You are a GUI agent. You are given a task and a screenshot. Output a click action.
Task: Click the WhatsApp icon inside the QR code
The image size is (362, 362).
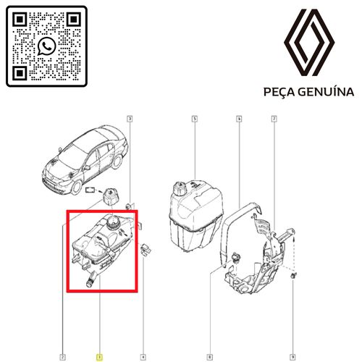click(x=46, y=46)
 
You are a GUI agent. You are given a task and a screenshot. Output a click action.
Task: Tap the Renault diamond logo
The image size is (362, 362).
click(x=309, y=43)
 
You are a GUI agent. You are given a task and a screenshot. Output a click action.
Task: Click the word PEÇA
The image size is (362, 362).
click(x=279, y=92)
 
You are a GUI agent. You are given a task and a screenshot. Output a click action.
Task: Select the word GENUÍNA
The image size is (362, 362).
click(x=326, y=92)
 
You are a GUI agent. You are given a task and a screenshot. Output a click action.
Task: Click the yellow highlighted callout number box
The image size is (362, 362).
click(x=99, y=357)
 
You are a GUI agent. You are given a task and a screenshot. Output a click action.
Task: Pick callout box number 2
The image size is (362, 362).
click(x=62, y=357)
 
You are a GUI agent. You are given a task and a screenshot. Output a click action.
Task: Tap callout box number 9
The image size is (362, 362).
click(x=292, y=357)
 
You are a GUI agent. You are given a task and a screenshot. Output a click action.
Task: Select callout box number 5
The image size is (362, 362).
click(x=195, y=119)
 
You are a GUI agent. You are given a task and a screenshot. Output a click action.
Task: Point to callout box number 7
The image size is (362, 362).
click(x=274, y=119)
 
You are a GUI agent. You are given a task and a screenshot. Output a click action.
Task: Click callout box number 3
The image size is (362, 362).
click(x=130, y=119)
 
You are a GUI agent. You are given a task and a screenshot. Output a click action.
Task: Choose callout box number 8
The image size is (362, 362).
click(x=209, y=357)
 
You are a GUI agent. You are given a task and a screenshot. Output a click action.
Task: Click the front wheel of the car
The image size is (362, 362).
click(x=77, y=188)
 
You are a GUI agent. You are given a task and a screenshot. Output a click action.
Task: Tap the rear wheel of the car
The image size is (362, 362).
click(x=117, y=161)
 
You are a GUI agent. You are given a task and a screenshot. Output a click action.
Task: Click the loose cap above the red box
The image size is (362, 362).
click(x=110, y=197)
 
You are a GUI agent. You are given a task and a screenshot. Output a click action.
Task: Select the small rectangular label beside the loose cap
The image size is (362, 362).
click(x=90, y=190)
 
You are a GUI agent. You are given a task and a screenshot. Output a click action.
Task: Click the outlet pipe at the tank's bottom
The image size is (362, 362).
click(x=91, y=281)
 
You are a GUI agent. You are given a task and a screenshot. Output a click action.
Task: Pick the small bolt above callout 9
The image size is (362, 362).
click(x=293, y=275)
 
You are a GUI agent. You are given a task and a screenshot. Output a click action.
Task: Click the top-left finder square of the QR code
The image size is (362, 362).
click(x=20, y=20)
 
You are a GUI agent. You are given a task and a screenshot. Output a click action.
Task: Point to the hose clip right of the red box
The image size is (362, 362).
click(x=146, y=250)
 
